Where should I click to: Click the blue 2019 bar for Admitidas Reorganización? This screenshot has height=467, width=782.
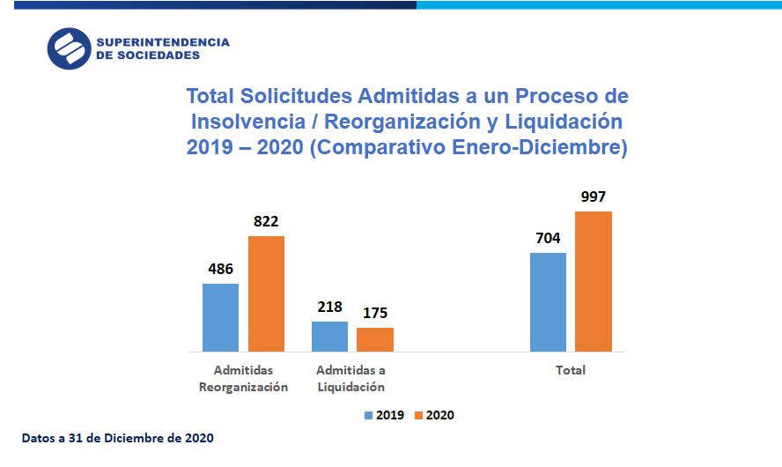pos(220,317)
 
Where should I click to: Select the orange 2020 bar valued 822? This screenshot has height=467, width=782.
pos(266,293)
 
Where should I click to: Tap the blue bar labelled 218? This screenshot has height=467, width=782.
pos(329,337)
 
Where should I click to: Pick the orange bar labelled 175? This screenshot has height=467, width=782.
pos(375,339)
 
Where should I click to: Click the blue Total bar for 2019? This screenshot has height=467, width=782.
pos(548,302)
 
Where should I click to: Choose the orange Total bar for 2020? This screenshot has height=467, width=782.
pos(594,281)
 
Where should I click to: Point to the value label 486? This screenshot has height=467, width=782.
pos(220,269)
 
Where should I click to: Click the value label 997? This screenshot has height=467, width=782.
pos(593,196)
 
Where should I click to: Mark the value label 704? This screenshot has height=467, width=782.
pos(548,238)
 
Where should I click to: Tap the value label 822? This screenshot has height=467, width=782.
pos(266,221)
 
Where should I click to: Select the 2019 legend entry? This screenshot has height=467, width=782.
pos(384,415)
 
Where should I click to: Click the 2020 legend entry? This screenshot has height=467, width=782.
pos(434,415)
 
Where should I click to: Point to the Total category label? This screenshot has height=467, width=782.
pos(571,370)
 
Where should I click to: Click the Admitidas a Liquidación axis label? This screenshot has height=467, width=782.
pos(350,378)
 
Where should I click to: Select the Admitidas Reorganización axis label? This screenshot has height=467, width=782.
pos(243,378)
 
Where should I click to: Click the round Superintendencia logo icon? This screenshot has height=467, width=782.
pos(69,48)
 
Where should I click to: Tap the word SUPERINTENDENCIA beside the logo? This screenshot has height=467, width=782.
pos(162,41)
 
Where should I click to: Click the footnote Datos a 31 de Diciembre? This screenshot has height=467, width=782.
pos(117,437)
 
